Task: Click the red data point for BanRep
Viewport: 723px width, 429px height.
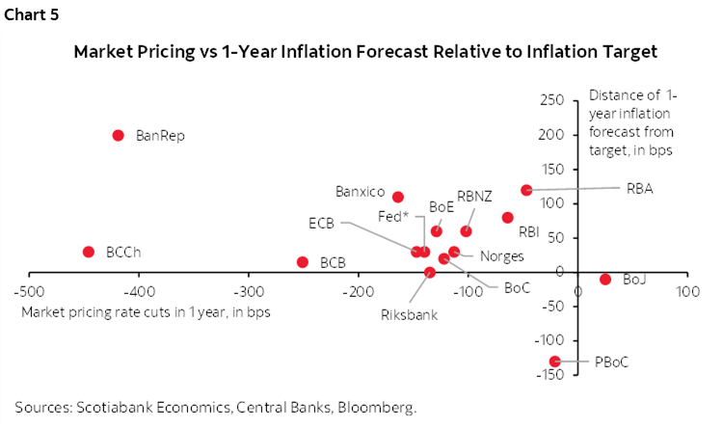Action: [119, 135]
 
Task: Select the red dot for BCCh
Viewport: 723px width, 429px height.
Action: [89, 252]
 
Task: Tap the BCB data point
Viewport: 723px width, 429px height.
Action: [303, 262]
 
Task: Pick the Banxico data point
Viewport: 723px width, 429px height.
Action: [398, 197]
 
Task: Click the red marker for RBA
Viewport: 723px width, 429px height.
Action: [526, 190]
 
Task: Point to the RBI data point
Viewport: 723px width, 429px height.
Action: [508, 218]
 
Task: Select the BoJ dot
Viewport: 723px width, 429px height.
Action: [605, 280]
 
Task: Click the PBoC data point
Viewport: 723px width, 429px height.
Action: [554, 362]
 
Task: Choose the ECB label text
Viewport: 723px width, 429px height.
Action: [321, 223]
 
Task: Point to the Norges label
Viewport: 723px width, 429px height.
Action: [500, 255]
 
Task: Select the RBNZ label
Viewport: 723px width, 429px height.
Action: [474, 196]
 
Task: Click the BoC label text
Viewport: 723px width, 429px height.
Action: [517, 287]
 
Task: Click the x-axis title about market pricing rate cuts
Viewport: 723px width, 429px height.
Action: [146, 311]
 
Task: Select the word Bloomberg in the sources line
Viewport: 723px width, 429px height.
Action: [379, 407]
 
